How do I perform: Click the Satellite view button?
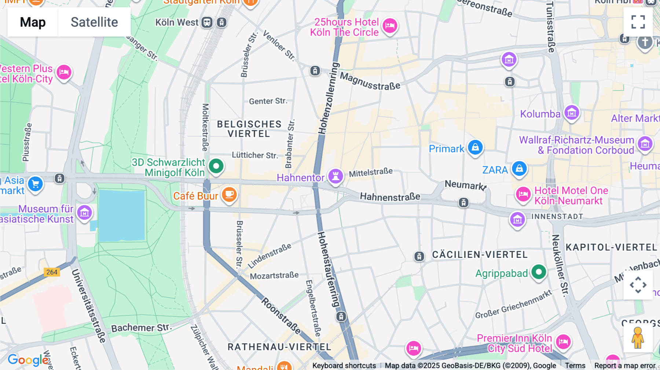point(94,22)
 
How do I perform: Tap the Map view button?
point(33,22)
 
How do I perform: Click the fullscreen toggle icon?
point(638,22)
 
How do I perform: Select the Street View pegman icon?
point(638,337)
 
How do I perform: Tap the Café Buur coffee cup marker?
point(229,195)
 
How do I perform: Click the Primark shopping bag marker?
point(475,148)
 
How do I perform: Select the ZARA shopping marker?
point(519,169)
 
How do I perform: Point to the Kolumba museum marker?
point(572,113)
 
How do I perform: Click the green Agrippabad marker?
point(539,272)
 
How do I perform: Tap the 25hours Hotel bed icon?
point(390,26)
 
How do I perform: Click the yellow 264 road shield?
point(52,272)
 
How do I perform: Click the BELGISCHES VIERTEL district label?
point(249,129)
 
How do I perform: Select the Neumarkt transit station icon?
point(463,203)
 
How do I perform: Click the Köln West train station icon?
point(207,22)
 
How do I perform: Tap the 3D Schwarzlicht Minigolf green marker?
point(216,166)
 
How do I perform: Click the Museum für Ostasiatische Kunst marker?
point(84,212)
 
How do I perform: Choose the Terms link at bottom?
point(575,365)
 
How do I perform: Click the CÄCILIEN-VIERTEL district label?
point(480,255)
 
